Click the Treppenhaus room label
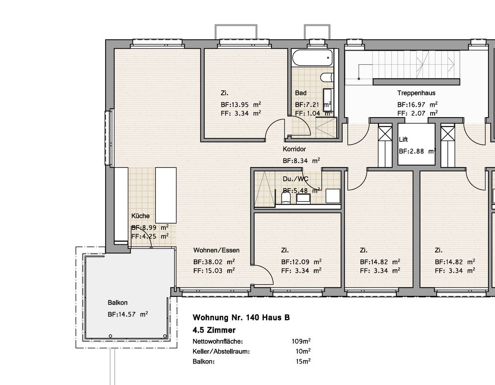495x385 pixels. (416, 93)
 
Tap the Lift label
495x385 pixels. (403, 140)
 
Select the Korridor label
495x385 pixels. (294, 149)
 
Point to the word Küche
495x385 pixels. (140, 216)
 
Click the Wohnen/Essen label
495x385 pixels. (216, 250)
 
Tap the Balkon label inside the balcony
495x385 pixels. (117, 303)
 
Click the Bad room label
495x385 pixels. (301, 93)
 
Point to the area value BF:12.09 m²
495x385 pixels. (302, 262)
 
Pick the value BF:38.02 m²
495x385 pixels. (214, 262)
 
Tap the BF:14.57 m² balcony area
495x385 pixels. (127, 314)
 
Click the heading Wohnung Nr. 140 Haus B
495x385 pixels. (241, 318)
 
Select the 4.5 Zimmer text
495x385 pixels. (214, 330)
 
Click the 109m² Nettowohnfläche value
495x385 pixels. (301, 341)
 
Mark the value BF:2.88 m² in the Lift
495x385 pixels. (417, 151)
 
